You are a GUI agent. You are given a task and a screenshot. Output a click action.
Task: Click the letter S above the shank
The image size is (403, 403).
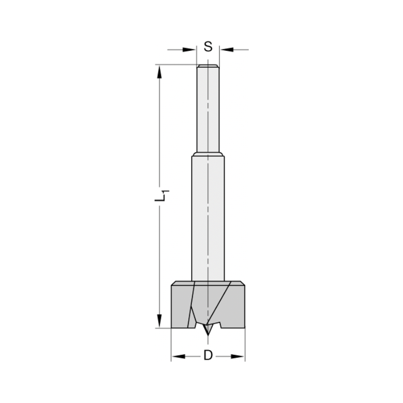click(x=208, y=47)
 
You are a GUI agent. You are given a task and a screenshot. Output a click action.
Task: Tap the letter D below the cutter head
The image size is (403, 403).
click(x=208, y=355)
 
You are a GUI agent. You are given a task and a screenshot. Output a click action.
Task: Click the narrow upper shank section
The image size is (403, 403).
click(x=208, y=109)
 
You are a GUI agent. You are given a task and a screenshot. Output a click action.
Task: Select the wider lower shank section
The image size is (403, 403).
click(x=208, y=218)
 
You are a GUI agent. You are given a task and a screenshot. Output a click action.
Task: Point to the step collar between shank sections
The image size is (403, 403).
click(x=208, y=154)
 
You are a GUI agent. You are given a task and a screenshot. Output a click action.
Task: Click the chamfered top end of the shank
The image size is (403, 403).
click(x=208, y=66)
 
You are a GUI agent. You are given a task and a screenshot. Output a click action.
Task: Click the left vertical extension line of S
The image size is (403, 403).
click(x=197, y=54)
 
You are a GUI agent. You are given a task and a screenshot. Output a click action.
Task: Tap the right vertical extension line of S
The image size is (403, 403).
click(x=219, y=54)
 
